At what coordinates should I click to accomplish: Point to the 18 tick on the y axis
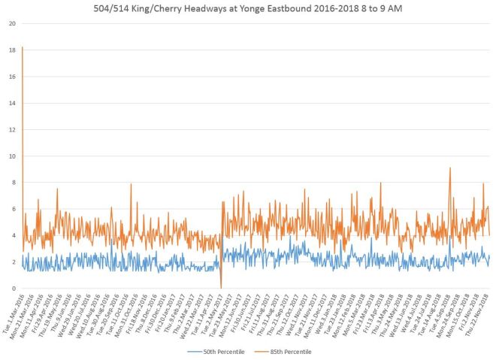click(11, 50)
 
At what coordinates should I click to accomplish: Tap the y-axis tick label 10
click(11, 156)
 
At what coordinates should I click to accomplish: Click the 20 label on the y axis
click(11, 23)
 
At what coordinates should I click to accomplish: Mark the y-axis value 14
click(11, 103)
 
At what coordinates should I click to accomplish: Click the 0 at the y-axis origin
click(13, 289)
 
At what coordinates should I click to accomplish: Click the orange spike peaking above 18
click(23, 47)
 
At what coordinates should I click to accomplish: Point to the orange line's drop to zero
click(221, 287)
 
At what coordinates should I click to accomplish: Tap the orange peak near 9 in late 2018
click(449, 168)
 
